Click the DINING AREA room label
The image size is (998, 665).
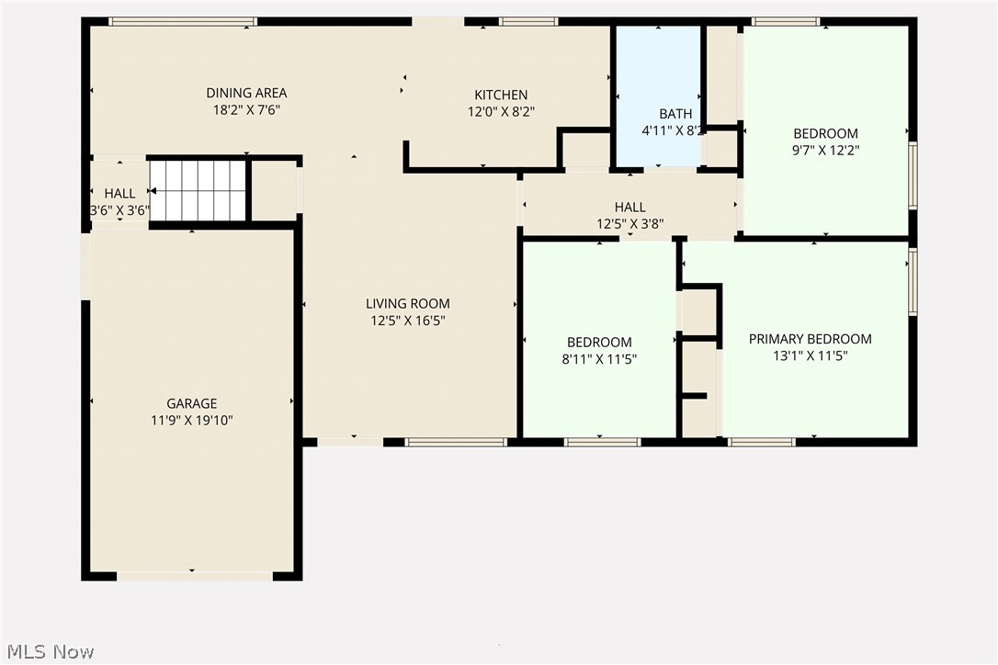pos(246,93)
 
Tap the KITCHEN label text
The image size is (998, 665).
pos(501,95)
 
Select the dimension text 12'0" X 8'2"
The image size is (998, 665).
pos(501,110)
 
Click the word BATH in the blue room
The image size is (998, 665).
pos(675,114)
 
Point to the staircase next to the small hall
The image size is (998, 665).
pos(199,190)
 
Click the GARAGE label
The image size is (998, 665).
pos(192,403)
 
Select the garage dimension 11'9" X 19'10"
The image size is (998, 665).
pos(192,420)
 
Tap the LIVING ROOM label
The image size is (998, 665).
pos(408,304)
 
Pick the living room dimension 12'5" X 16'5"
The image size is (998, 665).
pos(408,321)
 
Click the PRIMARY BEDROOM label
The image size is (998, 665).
pos(810,339)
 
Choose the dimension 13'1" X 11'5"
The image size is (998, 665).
pos(810,355)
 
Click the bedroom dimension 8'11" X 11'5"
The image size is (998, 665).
pos(599,359)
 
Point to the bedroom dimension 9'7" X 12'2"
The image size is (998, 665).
pos(826,150)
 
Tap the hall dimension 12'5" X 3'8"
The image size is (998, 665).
pos(630,223)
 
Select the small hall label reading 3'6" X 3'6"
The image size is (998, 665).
pos(119,209)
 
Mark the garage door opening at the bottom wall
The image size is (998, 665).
pos(195,576)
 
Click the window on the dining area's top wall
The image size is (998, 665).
pos(182,21)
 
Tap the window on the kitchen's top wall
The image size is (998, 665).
pos(528,21)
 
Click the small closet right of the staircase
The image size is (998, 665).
pos(274,190)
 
